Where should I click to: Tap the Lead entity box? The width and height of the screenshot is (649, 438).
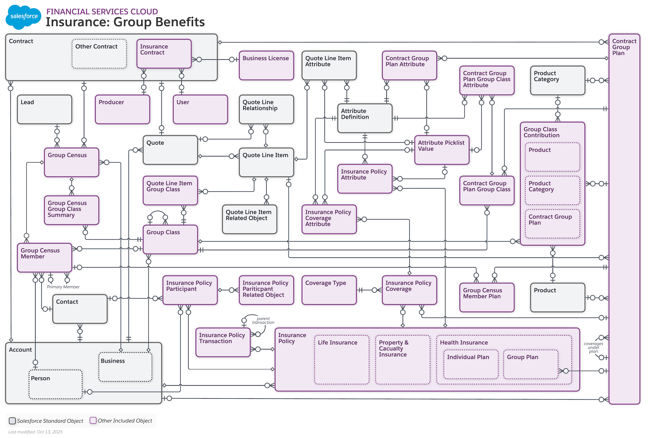click(x=44, y=109)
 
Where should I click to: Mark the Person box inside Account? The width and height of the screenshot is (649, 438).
click(x=55, y=384)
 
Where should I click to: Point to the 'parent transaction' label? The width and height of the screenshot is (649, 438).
click(x=263, y=320)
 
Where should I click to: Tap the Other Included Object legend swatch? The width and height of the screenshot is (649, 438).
click(x=93, y=420)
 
